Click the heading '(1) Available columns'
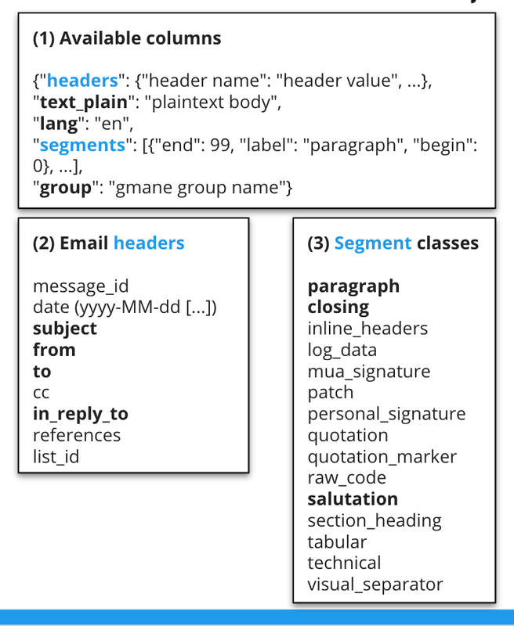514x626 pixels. pos(127,38)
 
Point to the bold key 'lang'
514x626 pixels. pos(51,123)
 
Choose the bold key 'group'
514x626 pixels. pos(62,187)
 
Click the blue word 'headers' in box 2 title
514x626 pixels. pos(149,243)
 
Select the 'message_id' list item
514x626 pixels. pos(81,286)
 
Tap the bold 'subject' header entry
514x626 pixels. pos(65,329)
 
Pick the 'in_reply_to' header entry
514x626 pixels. pos(81,414)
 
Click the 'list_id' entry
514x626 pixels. pos(56,456)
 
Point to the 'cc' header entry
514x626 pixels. pos(42,393)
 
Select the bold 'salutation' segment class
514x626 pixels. pos(353,499)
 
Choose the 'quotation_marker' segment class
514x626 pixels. pos(382,456)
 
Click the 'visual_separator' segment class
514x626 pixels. pos(375,584)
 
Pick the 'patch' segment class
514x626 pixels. pos(330,393)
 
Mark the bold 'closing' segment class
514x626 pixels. pos(338,308)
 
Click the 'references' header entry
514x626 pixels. pos(77,435)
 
